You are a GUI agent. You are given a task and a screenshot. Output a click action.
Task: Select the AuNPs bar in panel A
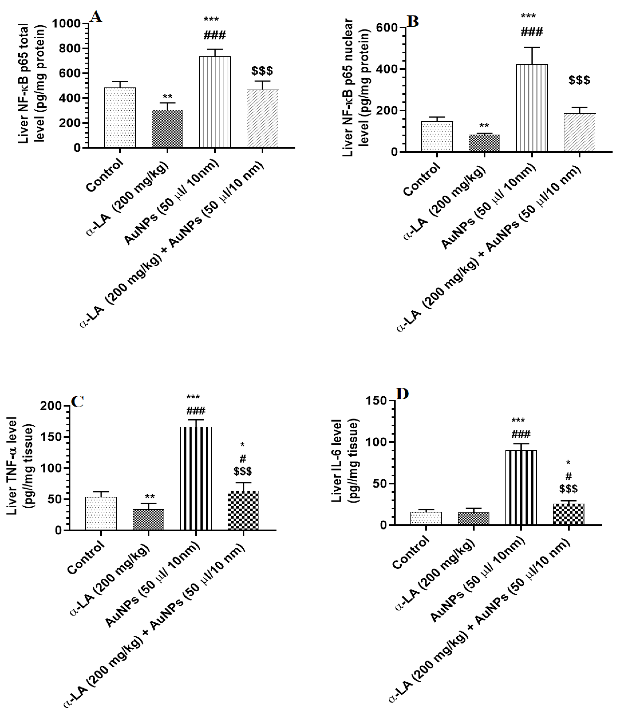coord(215,102)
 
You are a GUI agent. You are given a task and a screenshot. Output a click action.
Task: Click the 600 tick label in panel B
coord(386,28)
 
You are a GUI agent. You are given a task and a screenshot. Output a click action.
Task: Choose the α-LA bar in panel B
coord(484,143)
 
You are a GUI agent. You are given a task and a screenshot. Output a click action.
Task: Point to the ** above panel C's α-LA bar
coord(150,497)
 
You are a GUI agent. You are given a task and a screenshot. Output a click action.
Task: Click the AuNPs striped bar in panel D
coord(521,488)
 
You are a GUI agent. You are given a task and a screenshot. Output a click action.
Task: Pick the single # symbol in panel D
coord(568,476)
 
